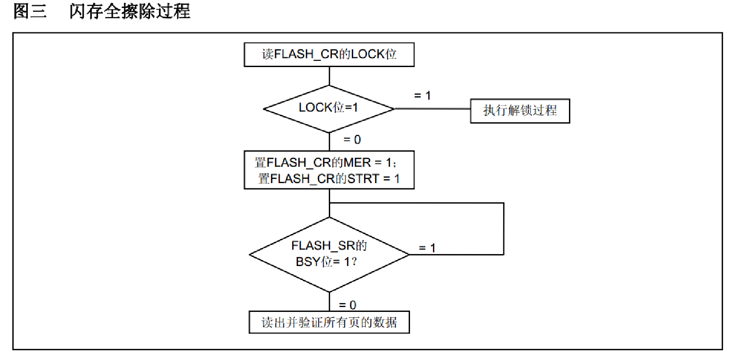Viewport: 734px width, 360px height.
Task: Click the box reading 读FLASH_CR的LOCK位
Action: point(329,54)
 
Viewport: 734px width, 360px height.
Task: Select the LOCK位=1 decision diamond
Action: point(328,108)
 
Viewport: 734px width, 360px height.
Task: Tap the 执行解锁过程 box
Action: point(520,110)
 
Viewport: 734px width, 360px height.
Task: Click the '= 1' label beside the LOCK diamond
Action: point(422,96)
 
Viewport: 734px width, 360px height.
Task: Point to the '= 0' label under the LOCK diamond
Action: point(352,140)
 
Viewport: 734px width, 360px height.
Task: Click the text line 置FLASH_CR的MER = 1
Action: point(326,162)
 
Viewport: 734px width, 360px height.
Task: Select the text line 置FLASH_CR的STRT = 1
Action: point(329,179)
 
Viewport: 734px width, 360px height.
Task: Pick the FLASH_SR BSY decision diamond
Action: point(329,254)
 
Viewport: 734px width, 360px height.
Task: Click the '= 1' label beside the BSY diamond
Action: point(427,248)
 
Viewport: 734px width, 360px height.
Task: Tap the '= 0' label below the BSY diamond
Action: point(347,305)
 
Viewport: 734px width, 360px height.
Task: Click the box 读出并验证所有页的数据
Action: point(329,322)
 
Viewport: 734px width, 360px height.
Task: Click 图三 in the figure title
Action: point(30,11)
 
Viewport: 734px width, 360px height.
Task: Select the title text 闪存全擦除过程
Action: point(130,11)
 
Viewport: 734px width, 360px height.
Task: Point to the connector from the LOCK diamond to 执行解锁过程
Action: point(433,109)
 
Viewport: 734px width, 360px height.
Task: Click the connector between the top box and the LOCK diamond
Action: point(329,76)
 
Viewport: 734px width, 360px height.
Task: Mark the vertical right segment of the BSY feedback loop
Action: point(504,229)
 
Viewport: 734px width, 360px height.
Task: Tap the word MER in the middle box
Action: point(357,162)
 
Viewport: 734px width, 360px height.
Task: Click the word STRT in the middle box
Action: point(363,179)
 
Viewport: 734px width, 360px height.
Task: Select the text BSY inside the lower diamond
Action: point(308,262)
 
